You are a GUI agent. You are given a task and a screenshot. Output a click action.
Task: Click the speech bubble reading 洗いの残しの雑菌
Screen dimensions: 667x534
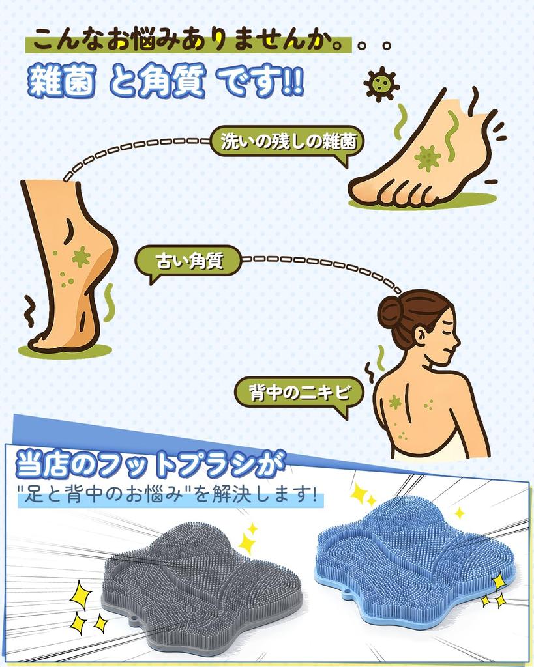coord(288,142)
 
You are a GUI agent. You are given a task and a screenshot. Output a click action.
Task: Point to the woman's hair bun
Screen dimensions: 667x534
coord(391,311)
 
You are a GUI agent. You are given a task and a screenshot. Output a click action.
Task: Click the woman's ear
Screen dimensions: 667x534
coord(421,335)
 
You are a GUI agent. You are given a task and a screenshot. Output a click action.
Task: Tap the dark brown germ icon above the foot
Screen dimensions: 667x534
coord(381,83)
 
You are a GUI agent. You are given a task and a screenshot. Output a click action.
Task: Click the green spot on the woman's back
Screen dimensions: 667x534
coord(395,402)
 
